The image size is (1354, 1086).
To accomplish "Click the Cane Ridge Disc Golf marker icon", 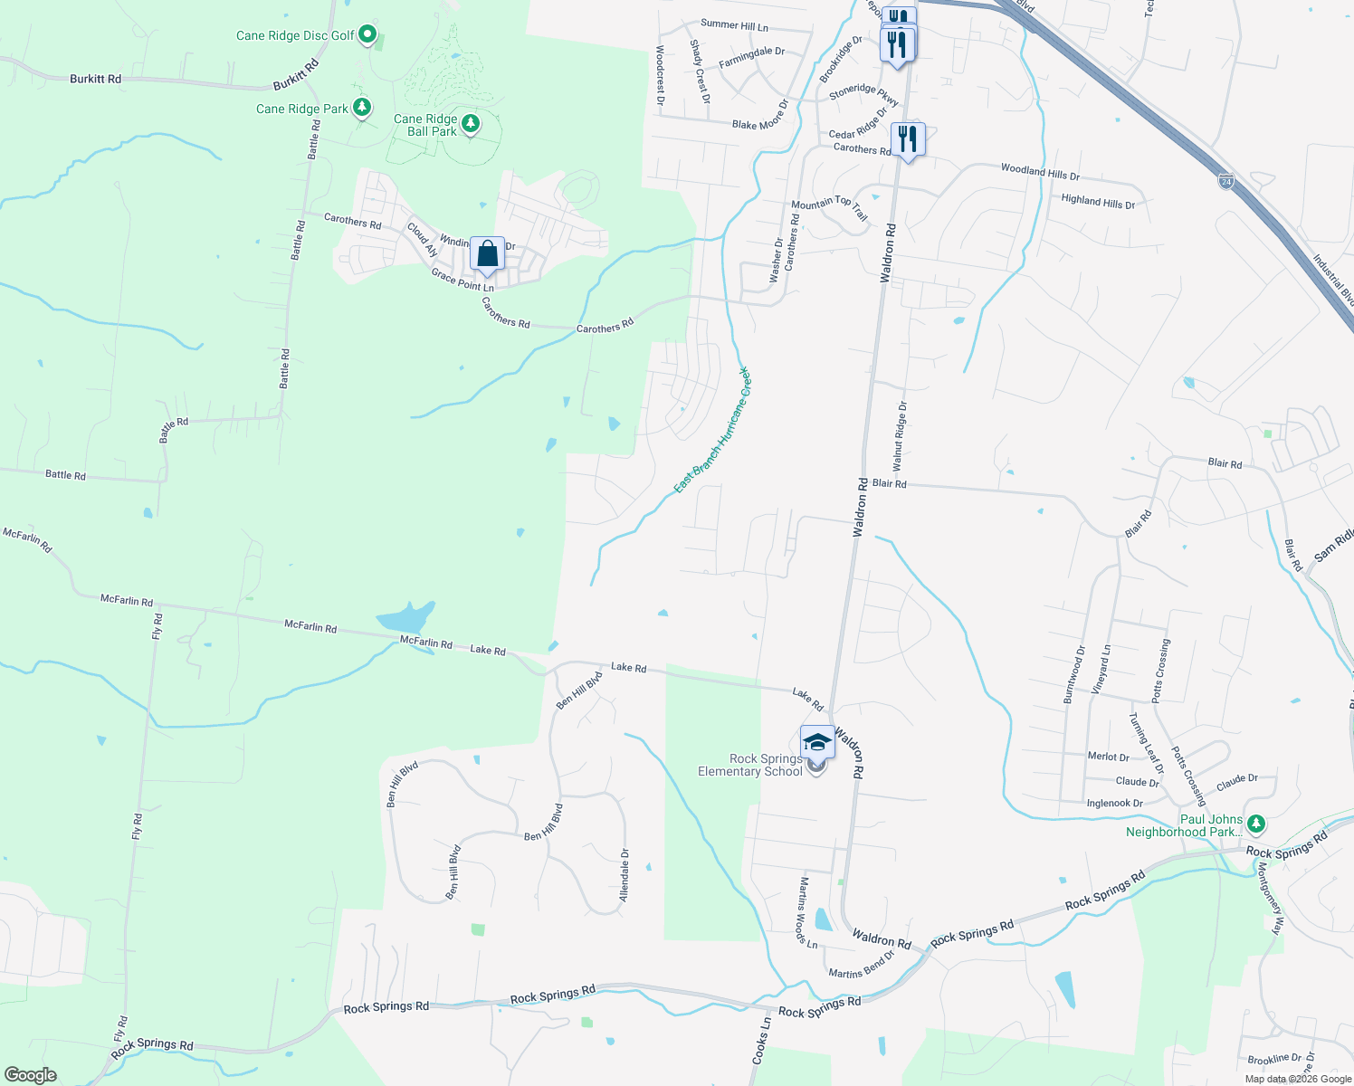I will (367, 35).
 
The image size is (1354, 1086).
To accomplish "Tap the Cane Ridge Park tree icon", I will (362, 109).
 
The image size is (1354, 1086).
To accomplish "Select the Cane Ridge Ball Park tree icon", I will (471, 124).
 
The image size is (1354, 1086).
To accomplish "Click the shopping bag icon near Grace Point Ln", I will (487, 254).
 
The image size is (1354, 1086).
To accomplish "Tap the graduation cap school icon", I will (817, 742).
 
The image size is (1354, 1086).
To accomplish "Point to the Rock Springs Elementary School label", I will (750, 766).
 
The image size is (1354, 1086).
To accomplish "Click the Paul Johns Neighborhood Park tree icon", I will (1255, 824).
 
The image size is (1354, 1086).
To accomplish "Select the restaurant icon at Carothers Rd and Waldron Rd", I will (907, 139).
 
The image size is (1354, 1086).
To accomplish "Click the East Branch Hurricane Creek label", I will (713, 431).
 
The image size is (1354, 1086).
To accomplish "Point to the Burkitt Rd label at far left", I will (95, 80).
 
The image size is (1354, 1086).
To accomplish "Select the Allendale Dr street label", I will (624, 875).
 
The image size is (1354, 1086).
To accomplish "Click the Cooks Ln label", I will (761, 1040).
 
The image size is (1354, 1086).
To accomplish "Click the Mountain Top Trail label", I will (829, 207).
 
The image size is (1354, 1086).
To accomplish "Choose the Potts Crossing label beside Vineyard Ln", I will (1160, 671).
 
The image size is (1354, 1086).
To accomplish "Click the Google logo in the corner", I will (31, 1074).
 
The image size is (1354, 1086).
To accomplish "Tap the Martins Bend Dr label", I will (861, 965).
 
